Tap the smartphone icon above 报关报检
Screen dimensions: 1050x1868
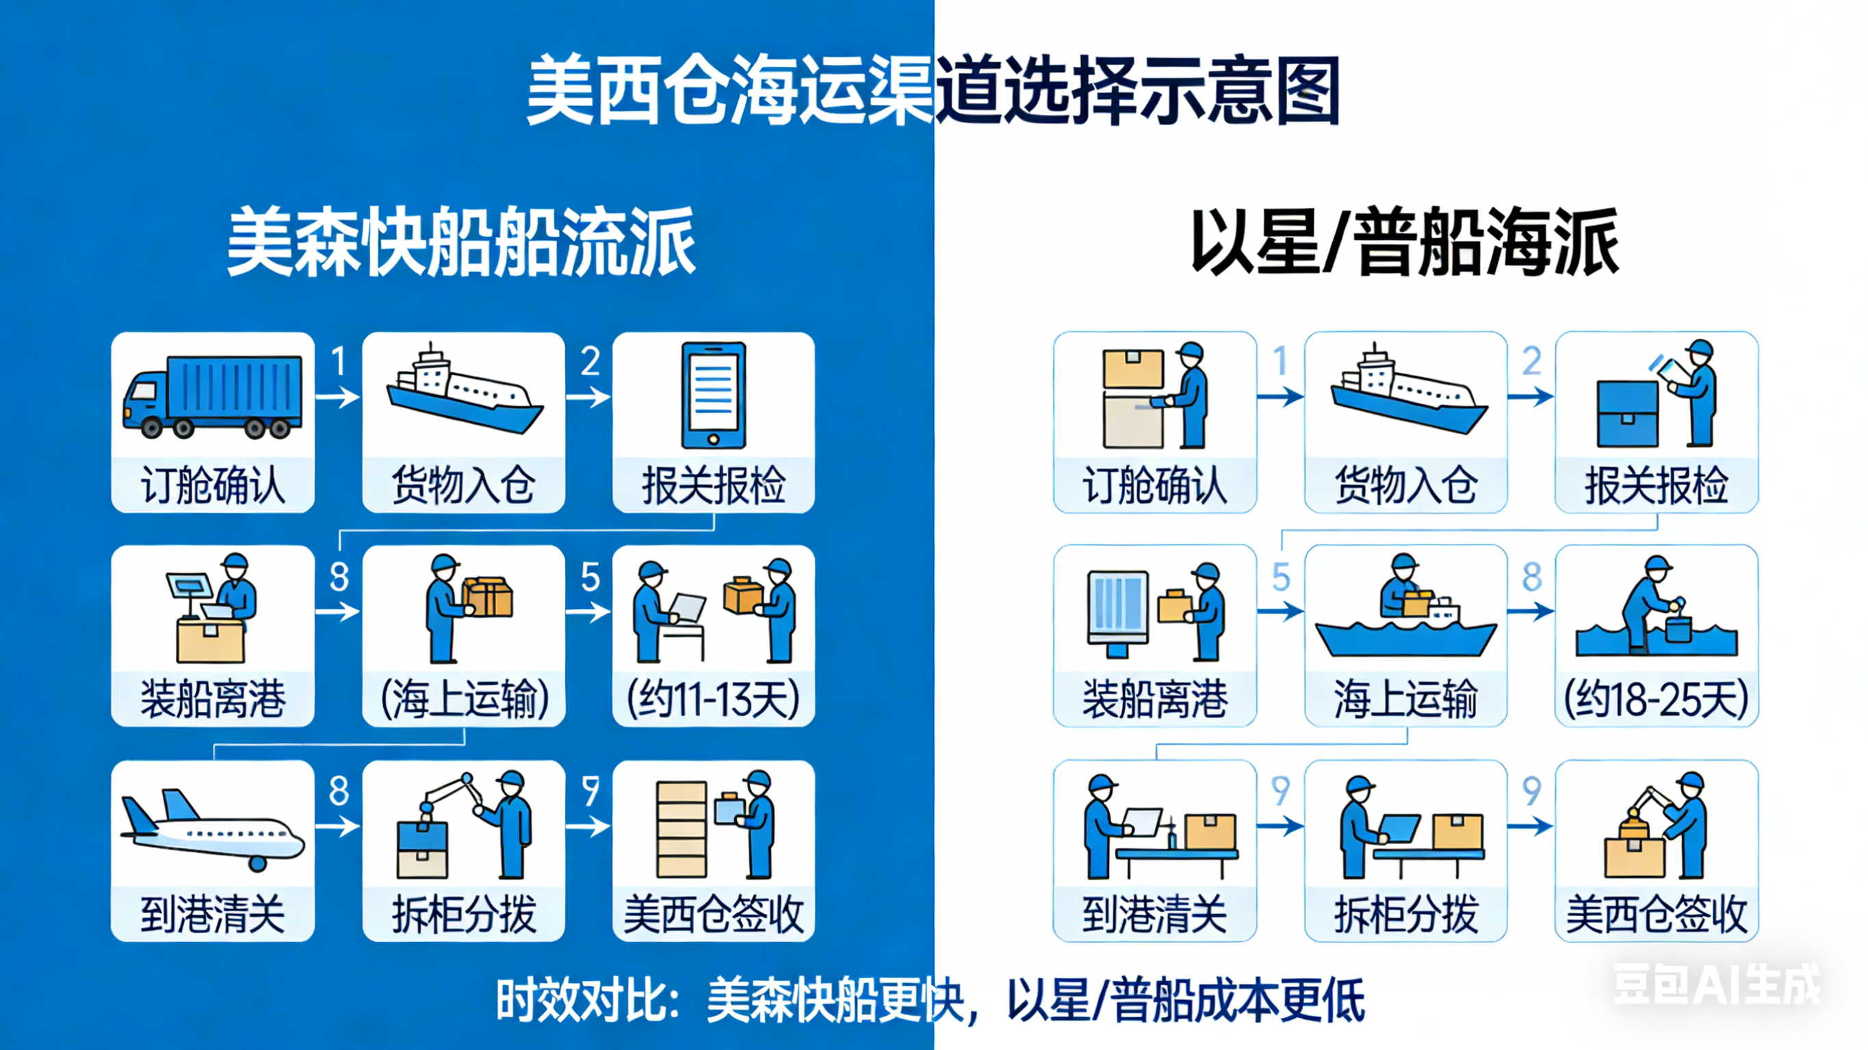714,396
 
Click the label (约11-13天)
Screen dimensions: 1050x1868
714,700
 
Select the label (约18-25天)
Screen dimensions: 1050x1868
1657,700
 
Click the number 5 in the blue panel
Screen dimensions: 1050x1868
591,577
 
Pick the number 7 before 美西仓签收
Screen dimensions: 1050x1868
591,790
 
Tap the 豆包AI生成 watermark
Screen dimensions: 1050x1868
1715,985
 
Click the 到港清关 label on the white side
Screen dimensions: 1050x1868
1154,915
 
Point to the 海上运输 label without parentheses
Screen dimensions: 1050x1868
1405,700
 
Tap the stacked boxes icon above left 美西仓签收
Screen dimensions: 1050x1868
682,829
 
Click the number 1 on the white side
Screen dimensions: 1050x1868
1281,360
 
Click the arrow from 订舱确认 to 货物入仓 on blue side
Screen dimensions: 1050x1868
337,397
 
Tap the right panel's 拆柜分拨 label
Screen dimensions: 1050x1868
1405,915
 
